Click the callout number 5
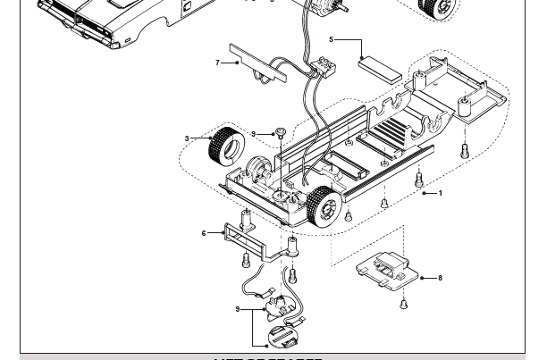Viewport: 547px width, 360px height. click(331, 39)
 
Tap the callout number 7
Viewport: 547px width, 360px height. click(217, 63)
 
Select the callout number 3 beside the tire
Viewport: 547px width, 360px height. click(187, 138)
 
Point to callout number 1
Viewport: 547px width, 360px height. click(440, 193)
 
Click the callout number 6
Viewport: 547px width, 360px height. click(204, 234)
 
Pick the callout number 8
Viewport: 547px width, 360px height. click(440, 278)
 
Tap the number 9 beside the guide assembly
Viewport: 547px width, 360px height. click(238, 309)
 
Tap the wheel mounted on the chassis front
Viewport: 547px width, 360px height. click(324, 207)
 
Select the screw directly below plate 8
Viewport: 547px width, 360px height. click(404, 304)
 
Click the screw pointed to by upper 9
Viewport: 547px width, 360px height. click(279, 133)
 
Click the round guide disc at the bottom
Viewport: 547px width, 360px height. click(285, 337)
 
